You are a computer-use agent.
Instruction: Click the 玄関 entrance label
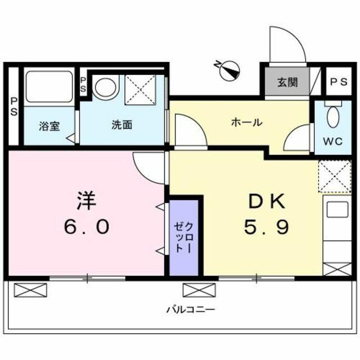[x=287, y=82]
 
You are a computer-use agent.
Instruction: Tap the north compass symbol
[x=228, y=70]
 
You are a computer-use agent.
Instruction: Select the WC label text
[x=333, y=141]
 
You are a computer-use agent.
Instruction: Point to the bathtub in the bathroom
[x=49, y=87]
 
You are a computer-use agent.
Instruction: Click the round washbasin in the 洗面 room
[x=105, y=88]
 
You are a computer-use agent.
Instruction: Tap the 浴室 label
[x=49, y=126]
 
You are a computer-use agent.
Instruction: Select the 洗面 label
[x=122, y=125]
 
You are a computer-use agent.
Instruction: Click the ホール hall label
[x=247, y=122]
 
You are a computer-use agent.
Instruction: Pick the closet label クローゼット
[x=184, y=237]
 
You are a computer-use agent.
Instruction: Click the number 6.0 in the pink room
[x=87, y=226]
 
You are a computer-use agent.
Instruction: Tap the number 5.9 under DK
[x=266, y=226]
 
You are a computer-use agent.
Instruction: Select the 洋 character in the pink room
[x=86, y=201]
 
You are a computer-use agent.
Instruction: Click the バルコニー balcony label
[x=190, y=309]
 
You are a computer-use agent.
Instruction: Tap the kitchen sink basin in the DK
[x=337, y=209]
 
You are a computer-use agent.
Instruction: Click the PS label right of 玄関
[x=339, y=82]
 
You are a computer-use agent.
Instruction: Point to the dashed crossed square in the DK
[x=335, y=176]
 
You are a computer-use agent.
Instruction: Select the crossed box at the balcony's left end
[x=30, y=290]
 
